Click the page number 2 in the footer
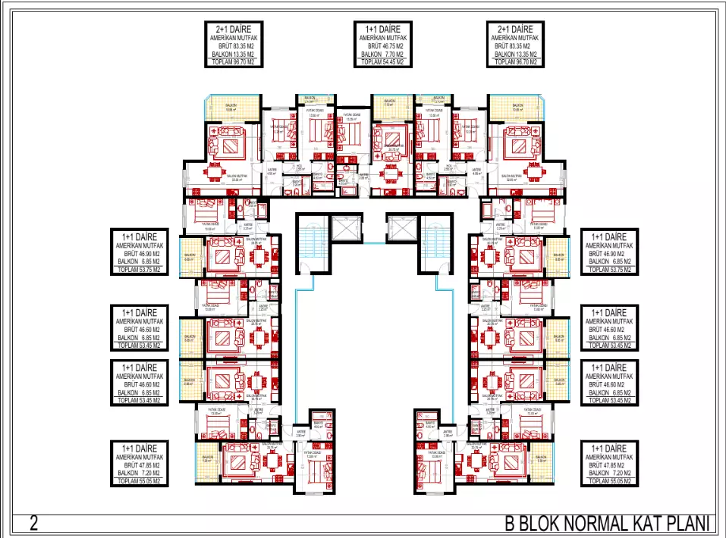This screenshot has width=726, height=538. click(x=33, y=523)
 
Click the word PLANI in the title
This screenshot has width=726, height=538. click(x=691, y=524)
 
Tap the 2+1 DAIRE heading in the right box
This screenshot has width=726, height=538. click(x=515, y=28)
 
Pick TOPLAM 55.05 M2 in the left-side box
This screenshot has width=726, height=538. click(x=140, y=481)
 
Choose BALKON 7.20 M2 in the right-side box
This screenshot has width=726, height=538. click(x=611, y=473)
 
